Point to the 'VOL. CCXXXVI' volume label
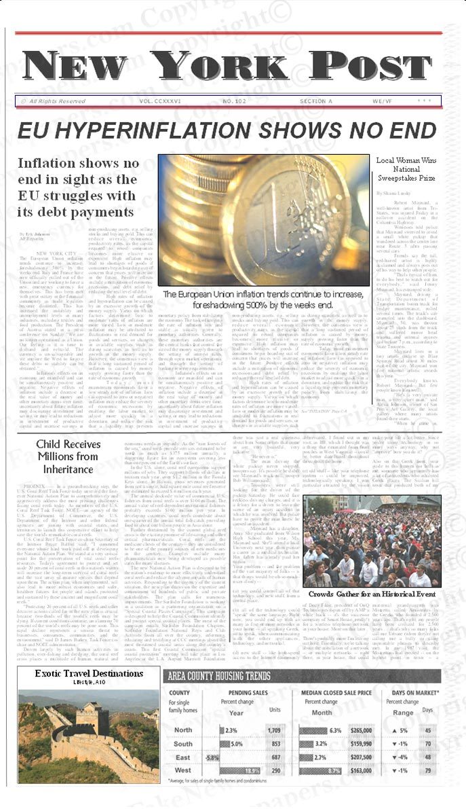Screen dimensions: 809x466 click(x=157, y=101)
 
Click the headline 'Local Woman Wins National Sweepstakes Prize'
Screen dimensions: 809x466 click(x=406, y=169)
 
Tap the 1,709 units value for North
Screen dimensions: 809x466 click(x=274, y=730)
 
